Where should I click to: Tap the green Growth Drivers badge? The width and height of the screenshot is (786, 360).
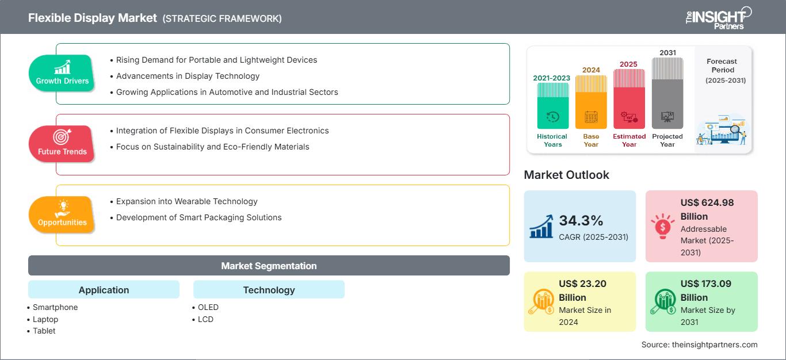click(62, 73)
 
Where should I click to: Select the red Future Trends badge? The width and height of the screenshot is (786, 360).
click(62, 144)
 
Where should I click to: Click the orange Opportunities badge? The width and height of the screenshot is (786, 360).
click(62, 215)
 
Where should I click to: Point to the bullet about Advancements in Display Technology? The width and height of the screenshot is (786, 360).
click(188, 76)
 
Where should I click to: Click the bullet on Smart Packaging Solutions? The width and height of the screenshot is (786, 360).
click(199, 217)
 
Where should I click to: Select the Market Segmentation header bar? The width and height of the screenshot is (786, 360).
click(269, 266)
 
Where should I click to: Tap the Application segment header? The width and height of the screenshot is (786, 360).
click(104, 290)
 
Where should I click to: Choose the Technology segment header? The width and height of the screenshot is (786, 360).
click(269, 290)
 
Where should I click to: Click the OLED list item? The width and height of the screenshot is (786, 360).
click(208, 307)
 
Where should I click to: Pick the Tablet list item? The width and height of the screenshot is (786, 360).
click(44, 331)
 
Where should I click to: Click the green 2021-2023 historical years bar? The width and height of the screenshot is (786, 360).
click(552, 106)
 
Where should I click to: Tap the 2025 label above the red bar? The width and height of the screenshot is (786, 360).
click(628, 64)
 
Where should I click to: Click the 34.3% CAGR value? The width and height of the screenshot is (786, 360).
click(581, 220)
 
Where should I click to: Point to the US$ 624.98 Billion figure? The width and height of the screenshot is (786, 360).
click(707, 209)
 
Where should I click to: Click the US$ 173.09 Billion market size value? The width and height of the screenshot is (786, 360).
click(707, 290)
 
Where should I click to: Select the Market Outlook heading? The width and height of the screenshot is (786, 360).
click(566, 175)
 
